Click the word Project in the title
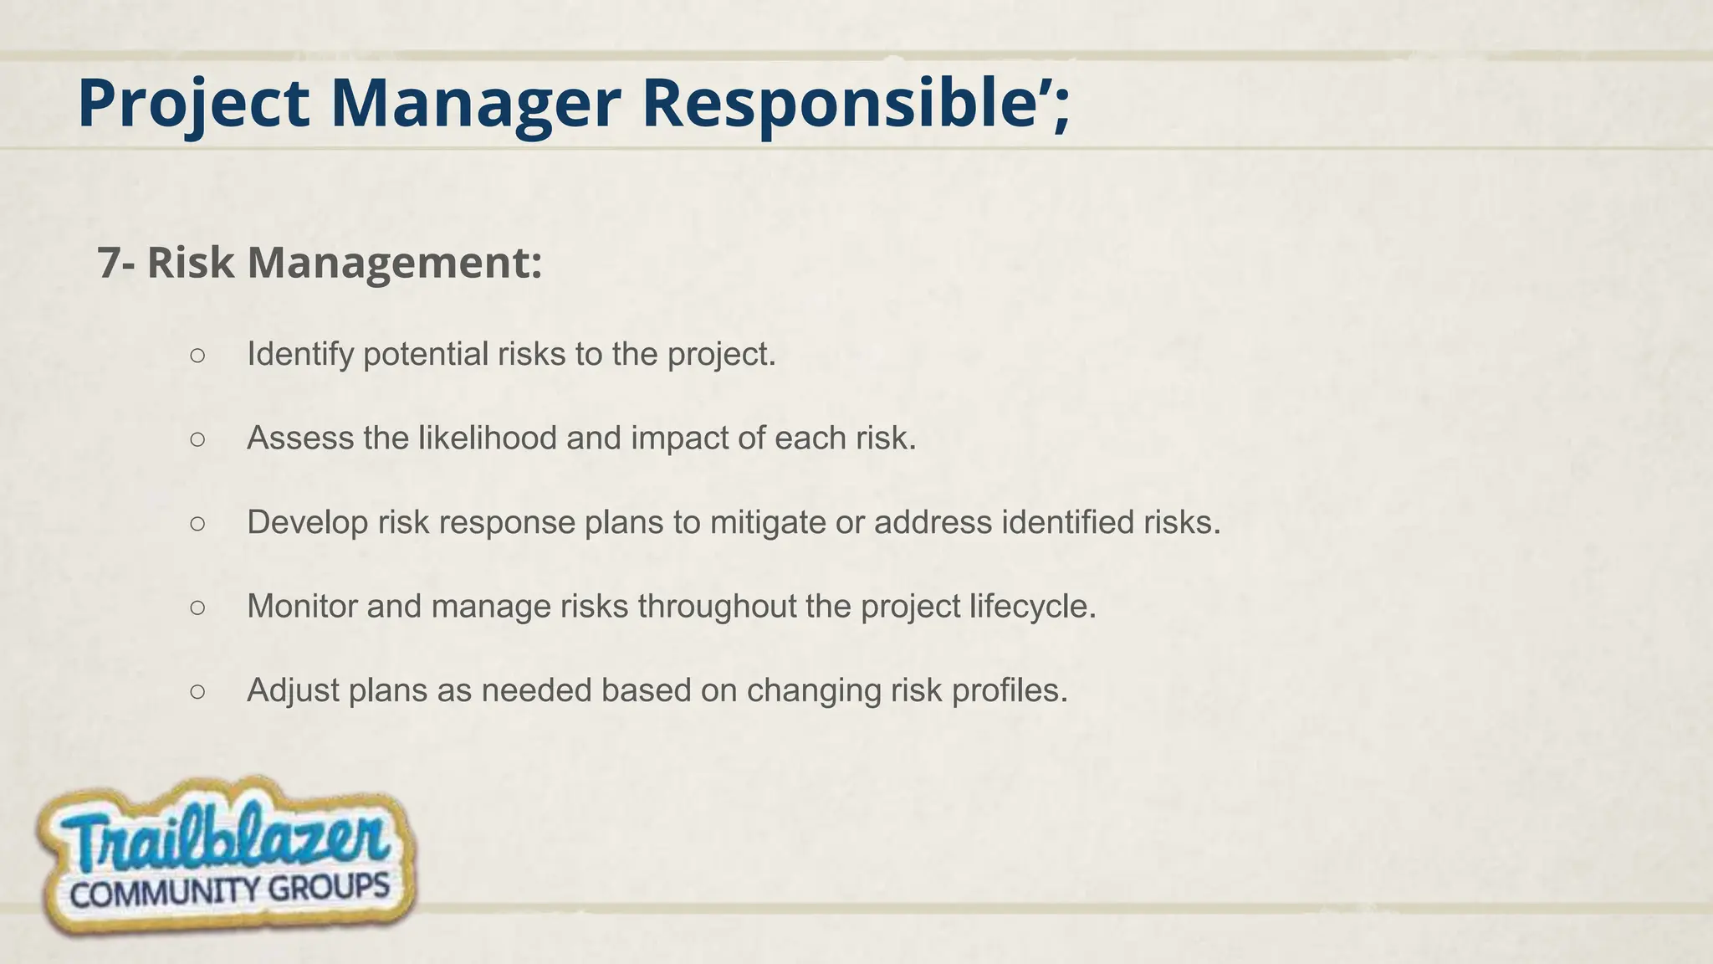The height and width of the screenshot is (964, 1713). [x=193, y=104]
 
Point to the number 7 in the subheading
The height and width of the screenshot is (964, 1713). [x=108, y=263]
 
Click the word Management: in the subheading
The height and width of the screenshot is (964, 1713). [x=395, y=263]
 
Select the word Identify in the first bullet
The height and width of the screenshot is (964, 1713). [x=300, y=355]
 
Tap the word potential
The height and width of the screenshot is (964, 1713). [x=426, y=355]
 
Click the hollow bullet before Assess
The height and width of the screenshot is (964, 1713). [x=197, y=439]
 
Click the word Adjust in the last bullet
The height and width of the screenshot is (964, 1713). [x=292, y=691]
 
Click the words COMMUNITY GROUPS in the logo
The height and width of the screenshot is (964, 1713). [x=230, y=890]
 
